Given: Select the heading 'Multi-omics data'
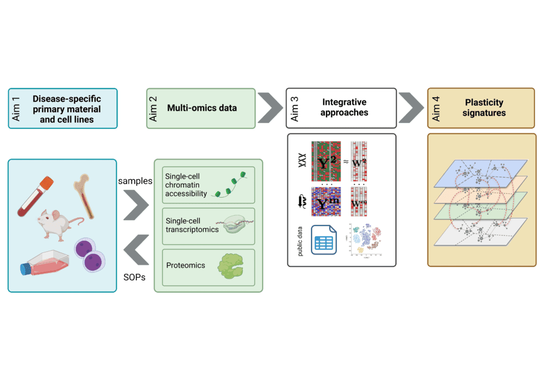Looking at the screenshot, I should click(x=202, y=108).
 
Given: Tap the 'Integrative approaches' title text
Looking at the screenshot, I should click(x=345, y=107).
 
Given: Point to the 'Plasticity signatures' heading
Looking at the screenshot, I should click(x=484, y=107).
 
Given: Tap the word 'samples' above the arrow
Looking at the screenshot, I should click(x=135, y=181).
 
